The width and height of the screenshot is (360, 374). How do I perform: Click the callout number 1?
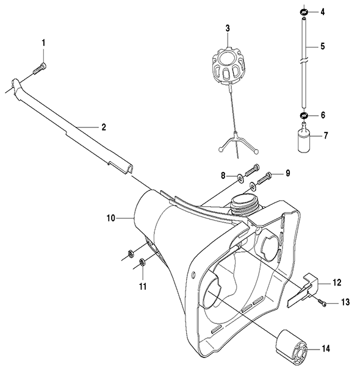(43, 43)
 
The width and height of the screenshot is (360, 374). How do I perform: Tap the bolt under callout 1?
(40, 68)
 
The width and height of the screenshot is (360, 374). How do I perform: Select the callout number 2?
(104, 127)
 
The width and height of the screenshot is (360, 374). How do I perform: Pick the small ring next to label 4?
(304, 12)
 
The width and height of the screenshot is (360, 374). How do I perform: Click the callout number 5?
(323, 46)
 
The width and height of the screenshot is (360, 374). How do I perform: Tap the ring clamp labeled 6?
(304, 116)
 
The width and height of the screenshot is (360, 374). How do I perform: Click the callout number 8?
(223, 176)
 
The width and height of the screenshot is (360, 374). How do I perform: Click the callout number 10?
(111, 218)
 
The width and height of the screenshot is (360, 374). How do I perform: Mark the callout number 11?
(143, 286)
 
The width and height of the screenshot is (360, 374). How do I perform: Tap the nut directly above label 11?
(142, 262)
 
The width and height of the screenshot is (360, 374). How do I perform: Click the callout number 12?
(337, 282)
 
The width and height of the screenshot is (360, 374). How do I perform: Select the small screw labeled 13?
(321, 302)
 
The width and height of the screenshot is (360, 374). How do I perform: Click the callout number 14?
(326, 349)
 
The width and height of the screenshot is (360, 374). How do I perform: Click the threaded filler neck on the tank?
(245, 204)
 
